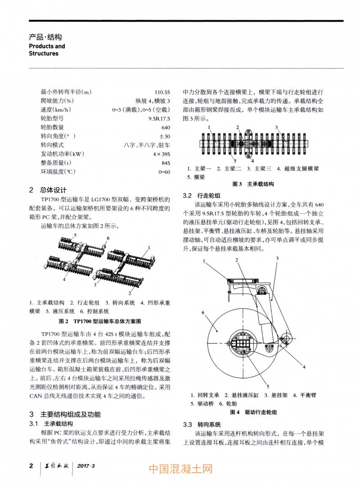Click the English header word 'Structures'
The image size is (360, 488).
(x=44, y=53)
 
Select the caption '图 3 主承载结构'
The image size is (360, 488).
(x=252, y=184)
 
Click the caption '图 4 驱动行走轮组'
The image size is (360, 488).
(x=253, y=412)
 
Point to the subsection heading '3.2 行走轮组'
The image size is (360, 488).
(x=202, y=195)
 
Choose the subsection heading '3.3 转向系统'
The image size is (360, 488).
(x=202, y=425)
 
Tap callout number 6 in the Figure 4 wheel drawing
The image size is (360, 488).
(x=204, y=312)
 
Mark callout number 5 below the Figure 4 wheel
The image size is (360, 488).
(x=268, y=386)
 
